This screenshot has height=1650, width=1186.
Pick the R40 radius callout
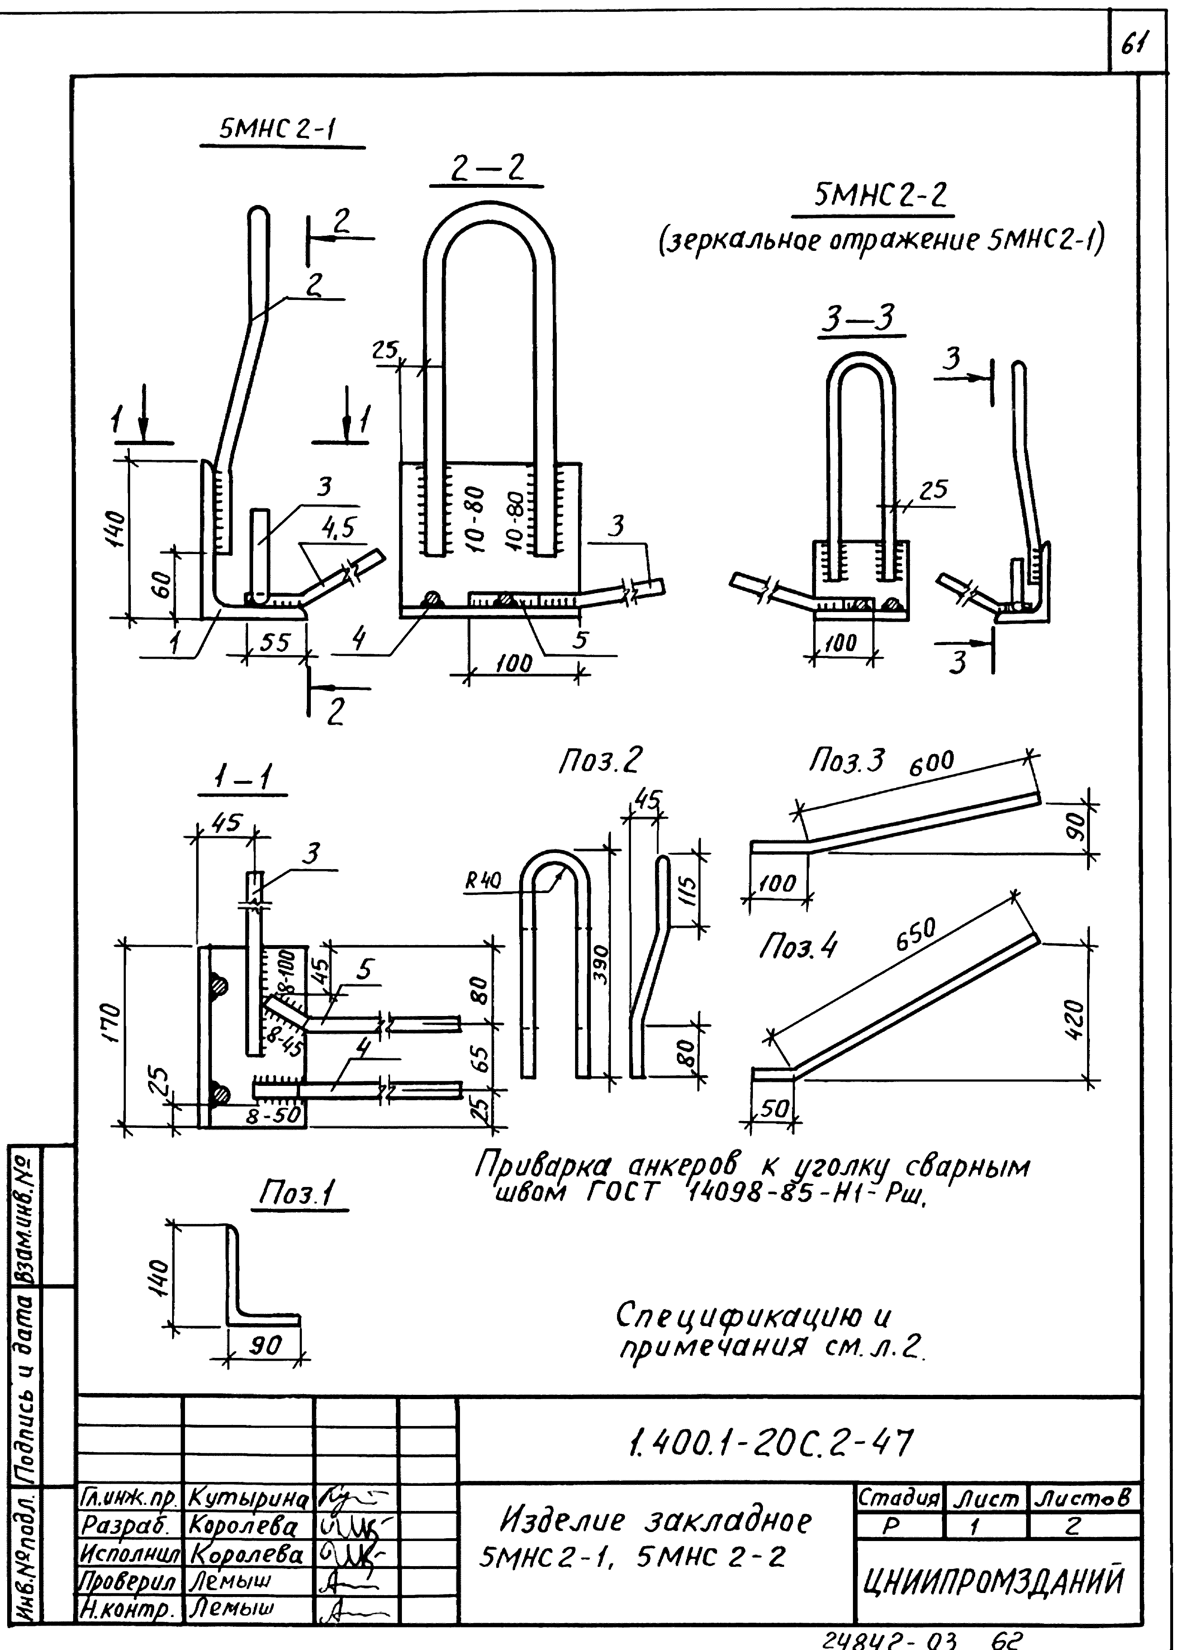point(483,881)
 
